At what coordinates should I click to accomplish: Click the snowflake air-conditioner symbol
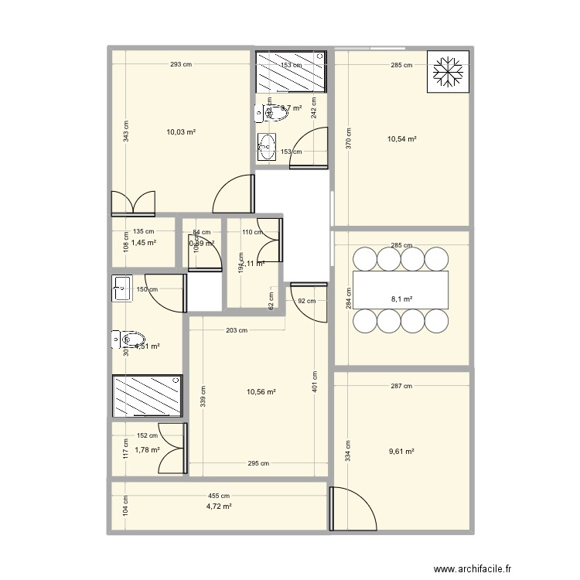(x=448, y=72)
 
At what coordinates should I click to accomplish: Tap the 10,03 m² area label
(x=180, y=132)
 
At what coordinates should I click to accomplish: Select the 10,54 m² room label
(x=401, y=139)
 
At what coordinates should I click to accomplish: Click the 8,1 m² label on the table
(x=401, y=299)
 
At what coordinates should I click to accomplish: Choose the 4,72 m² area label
(x=219, y=507)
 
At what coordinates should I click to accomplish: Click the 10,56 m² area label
(x=261, y=392)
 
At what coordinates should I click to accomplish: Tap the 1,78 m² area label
(x=147, y=450)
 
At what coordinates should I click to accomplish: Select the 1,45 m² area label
(x=144, y=242)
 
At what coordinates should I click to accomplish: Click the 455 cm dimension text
(x=219, y=496)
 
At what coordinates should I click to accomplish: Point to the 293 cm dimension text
(x=181, y=65)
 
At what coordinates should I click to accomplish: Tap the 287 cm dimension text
(x=401, y=386)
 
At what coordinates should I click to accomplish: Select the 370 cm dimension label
(x=348, y=138)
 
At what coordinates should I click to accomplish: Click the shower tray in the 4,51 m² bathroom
(x=147, y=396)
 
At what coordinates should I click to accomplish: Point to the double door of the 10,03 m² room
(x=134, y=203)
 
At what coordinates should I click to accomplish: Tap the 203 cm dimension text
(x=237, y=330)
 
